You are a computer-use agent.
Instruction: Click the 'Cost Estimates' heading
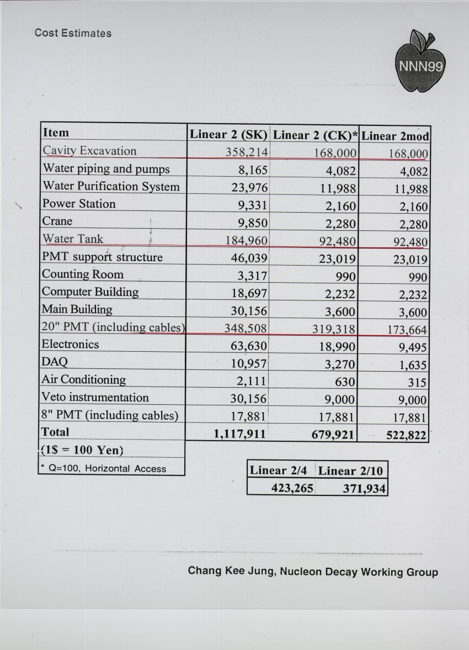coord(73,33)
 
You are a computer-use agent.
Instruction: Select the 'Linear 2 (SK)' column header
coord(228,134)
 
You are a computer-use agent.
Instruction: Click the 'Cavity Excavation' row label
coord(89,151)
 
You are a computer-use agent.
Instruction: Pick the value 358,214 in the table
coord(247,152)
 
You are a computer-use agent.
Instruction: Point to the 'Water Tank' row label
coord(73,239)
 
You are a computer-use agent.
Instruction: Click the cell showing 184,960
coord(247,240)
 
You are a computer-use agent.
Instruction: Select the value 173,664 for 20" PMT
coord(407,330)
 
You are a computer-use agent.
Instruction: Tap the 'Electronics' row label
coord(71,344)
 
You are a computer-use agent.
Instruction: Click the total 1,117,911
coord(240,434)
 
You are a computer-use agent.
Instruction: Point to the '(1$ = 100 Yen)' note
coord(82,450)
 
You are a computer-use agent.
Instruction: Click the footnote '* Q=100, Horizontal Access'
coord(104,468)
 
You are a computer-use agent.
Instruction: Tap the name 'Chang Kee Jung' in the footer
coord(231,570)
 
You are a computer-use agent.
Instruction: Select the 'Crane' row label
coord(57,221)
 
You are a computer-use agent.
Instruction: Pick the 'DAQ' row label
coord(55,362)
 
